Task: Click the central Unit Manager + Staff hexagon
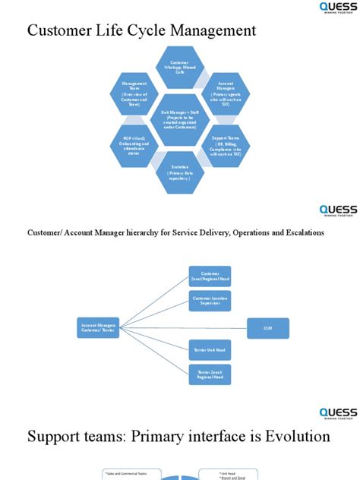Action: click(180, 119)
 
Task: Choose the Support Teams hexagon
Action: click(225, 144)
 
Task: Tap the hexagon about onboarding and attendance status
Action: click(134, 144)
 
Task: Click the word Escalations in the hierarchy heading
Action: click(302, 232)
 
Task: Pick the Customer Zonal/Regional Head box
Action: click(210, 276)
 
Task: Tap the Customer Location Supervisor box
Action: click(210, 302)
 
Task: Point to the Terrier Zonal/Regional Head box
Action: click(210, 374)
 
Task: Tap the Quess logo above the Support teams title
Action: click(337, 413)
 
